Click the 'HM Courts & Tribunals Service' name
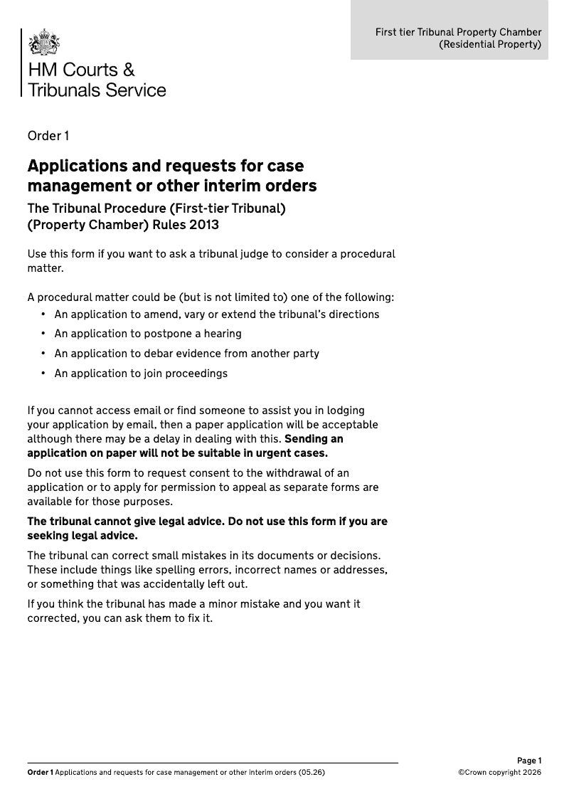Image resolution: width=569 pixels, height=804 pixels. point(96,80)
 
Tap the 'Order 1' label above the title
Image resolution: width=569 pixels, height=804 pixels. point(48,136)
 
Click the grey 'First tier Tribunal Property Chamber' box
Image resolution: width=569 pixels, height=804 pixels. point(450,30)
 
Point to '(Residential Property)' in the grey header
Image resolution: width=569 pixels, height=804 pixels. point(490,44)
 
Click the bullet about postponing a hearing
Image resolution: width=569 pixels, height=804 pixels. point(147,334)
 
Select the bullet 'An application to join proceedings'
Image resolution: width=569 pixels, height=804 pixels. point(140,374)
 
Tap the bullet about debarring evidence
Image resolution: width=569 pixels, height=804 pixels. point(186,354)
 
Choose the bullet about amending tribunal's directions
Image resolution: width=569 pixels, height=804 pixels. point(216,314)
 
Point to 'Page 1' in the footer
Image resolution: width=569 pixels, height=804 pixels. point(529,761)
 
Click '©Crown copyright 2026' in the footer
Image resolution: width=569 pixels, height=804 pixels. point(499,772)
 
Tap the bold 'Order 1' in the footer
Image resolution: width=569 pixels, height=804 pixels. point(40,772)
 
